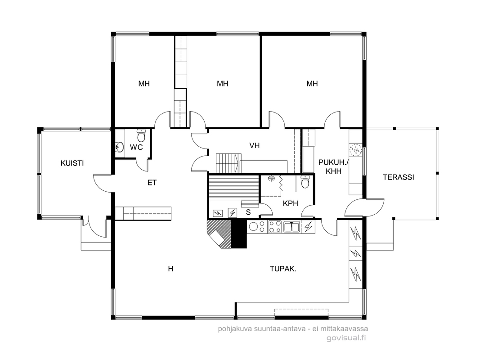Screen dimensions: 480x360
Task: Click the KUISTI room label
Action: (x=72, y=163)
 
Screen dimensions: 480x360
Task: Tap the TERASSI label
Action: (x=398, y=177)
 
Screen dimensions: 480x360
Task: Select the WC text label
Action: (x=136, y=147)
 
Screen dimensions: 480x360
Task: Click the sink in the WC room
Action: (x=119, y=147)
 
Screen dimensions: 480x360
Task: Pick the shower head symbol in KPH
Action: (x=271, y=178)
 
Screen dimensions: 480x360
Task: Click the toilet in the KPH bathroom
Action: (x=305, y=181)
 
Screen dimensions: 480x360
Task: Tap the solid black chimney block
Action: (x=238, y=234)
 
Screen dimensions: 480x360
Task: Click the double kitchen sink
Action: (x=292, y=227)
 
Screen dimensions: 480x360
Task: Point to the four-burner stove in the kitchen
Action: (x=275, y=227)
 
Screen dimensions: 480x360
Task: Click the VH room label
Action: (x=254, y=145)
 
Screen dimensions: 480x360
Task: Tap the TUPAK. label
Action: (x=283, y=269)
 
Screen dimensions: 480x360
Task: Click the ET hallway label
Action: (x=152, y=183)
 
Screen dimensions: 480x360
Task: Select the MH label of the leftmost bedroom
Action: (x=144, y=84)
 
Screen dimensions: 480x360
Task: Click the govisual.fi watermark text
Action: (x=346, y=338)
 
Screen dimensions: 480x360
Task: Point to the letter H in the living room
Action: (x=170, y=269)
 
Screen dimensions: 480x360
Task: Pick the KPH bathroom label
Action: (x=290, y=203)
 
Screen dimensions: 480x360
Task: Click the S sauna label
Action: (x=248, y=212)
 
